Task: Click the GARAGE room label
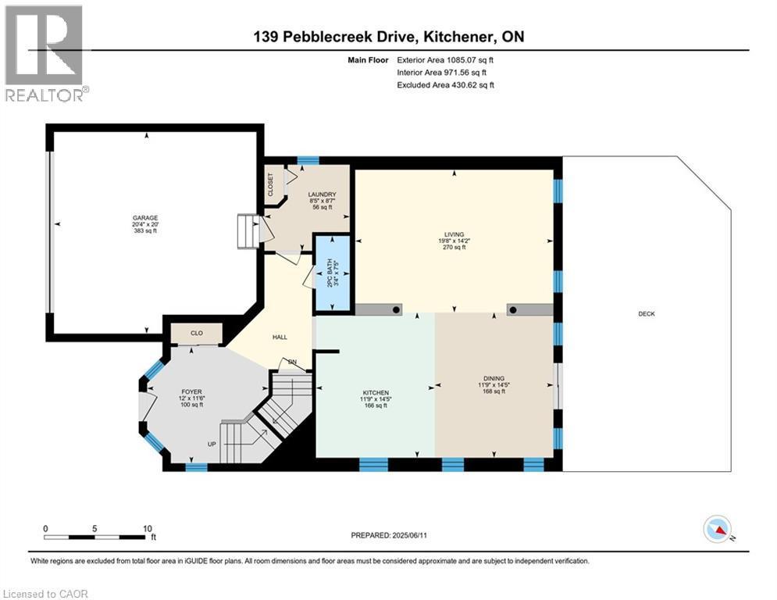(x=144, y=218)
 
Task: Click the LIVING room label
(x=454, y=234)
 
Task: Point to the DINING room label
(x=494, y=378)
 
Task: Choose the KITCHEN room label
(x=376, y=393)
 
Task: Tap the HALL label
(x=280, y=337)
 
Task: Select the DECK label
(x=646, y=314)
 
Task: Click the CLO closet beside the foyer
(x=197, y=334)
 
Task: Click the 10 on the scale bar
(x=148, y=528)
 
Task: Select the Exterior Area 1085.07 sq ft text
(x=445, y=59)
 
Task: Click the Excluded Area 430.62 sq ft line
(x=445, y=85)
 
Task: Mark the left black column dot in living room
(x=396, y=310)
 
